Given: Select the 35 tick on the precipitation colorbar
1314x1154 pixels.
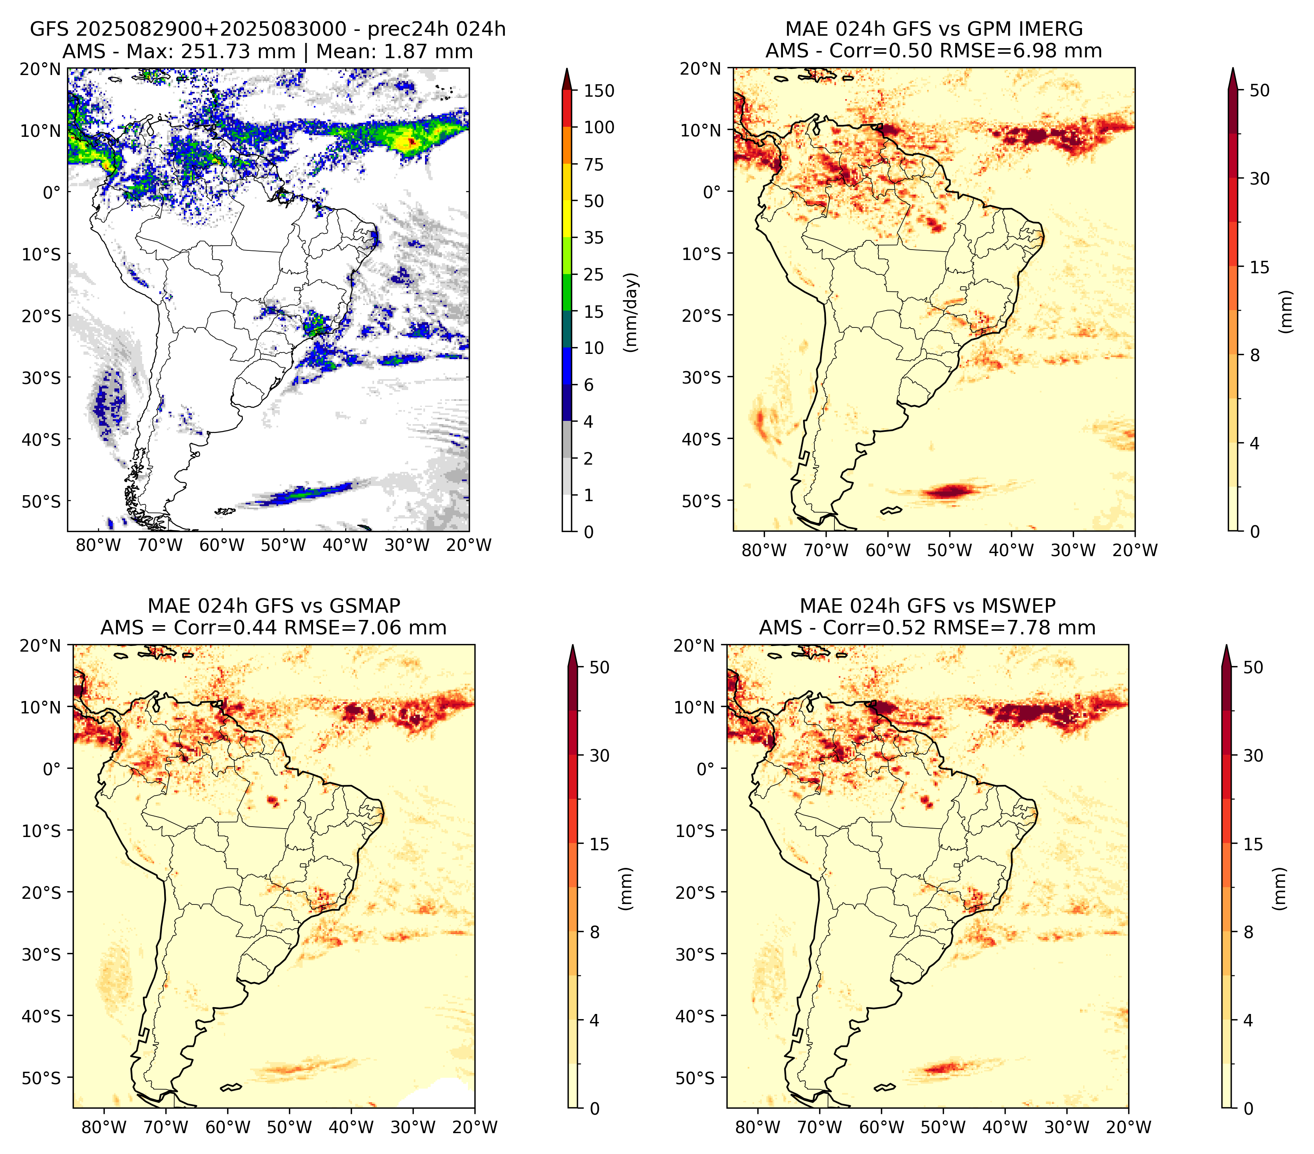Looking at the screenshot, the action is tap(593, 238).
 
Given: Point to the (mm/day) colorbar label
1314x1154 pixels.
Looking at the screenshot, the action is tap(632, 312).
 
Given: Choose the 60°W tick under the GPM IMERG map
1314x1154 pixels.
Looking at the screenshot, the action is tap(888, 550).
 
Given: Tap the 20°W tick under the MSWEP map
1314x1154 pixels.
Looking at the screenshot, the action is tap(1128, 1127).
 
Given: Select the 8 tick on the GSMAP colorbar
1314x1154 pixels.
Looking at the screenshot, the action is tap(595, 932).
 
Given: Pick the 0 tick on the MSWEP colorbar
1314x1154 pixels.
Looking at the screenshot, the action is tap(1249, 1108).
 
